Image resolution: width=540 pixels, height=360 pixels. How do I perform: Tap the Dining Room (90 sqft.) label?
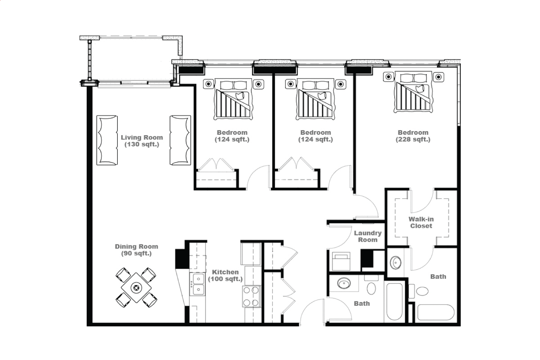tap(137, 250)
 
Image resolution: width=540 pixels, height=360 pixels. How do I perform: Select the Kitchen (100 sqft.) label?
tap(225, 275)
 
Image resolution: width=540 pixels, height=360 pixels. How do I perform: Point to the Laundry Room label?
tap(368, 236)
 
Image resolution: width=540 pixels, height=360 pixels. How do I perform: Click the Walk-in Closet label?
tap(421, 222)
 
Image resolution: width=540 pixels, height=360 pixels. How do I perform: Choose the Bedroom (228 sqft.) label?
tap(413, 136)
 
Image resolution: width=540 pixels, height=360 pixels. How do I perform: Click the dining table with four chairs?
tap(136, 288)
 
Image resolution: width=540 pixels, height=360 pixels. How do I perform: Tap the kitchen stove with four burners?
tap(252, 296)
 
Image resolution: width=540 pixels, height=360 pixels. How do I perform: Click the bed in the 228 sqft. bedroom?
tap(413, 92)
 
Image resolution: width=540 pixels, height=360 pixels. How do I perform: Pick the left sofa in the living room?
tap(107, 140)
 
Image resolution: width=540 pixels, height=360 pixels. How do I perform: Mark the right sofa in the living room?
tap(180, 140)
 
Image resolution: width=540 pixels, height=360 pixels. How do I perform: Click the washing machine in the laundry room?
tap(341, 262)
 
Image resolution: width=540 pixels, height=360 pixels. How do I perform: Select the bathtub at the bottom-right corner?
tap(436, 312)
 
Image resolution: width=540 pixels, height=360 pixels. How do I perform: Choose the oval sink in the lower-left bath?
tap(344, 283)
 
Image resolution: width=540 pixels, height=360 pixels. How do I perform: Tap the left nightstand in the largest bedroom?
tap(389, 77)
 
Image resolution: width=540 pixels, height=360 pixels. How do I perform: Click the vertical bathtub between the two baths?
tap(395, 302)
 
